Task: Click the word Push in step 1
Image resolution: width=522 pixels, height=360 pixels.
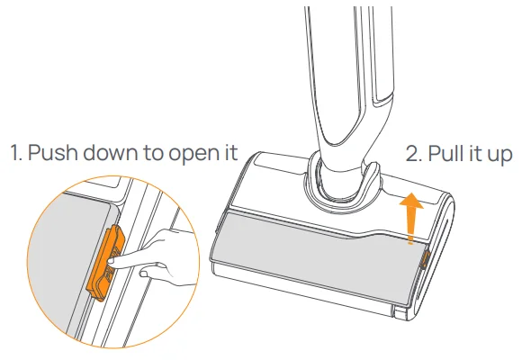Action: pos(53,152)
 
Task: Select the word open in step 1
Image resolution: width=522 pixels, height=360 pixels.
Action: pos(192,155)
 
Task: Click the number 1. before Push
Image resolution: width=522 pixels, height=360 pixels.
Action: pos(16,152)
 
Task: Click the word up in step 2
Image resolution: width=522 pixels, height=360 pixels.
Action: pos(499,156)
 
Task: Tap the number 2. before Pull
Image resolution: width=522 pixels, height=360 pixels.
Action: pos(414,154)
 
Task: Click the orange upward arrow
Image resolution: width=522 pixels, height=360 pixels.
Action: pos(412,218)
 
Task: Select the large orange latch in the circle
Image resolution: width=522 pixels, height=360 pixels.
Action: pos(105,263)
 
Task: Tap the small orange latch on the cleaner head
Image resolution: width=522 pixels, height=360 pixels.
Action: pos(425,260)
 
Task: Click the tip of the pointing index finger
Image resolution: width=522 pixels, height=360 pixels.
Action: pos(110,263)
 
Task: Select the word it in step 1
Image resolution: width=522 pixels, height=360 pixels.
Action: pos(229,152)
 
